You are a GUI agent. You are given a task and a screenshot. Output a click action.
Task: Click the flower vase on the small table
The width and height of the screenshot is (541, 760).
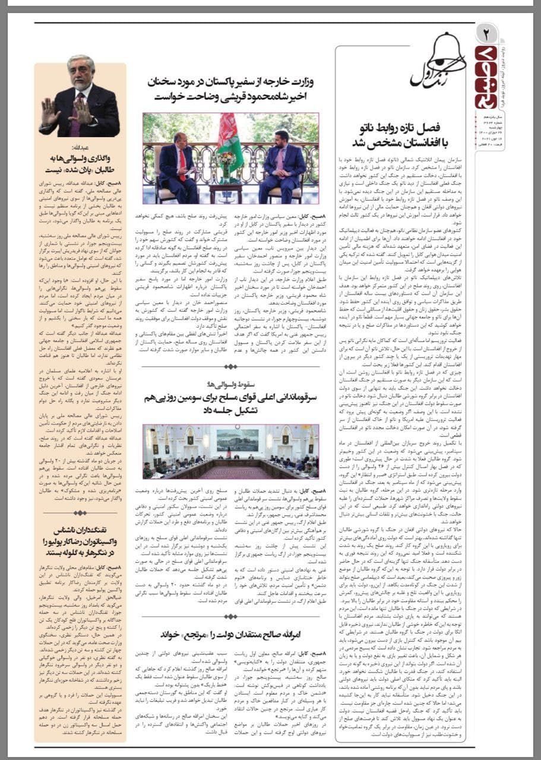226,160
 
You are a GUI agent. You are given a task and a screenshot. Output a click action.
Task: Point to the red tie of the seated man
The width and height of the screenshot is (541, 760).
183,160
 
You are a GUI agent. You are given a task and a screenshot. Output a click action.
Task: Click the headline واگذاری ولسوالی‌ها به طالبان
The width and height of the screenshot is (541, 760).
80,166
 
